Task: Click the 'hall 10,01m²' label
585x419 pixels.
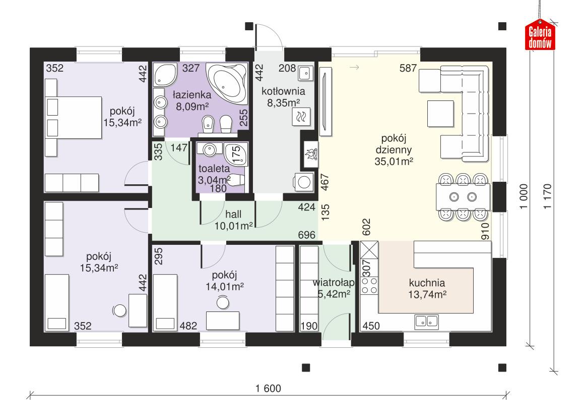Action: tap(233, 220)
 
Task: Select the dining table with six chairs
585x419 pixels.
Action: tap(463, 196)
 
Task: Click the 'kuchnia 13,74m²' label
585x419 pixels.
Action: tap(427, 288)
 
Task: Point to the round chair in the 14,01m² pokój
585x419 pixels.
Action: tap(222, 302)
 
